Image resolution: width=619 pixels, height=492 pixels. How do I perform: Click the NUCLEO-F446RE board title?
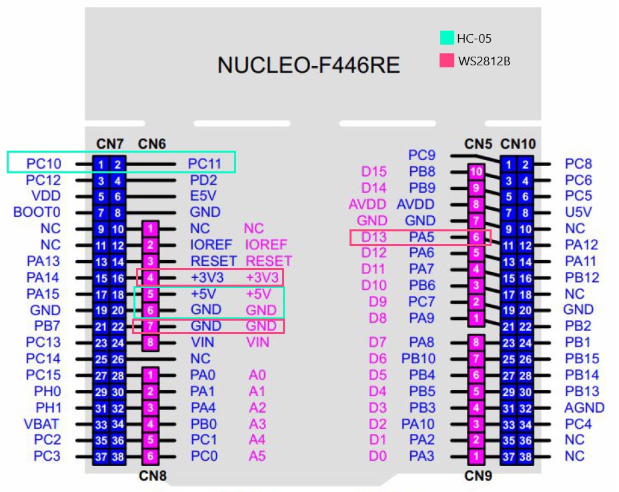pos(309,65)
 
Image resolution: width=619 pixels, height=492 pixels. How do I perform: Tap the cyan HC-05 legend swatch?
pos(447,38)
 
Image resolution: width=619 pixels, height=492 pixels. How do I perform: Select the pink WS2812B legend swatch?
pos(447,61)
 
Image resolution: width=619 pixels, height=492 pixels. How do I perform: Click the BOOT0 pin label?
pos(37,213)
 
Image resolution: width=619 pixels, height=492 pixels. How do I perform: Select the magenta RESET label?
pos(269,261)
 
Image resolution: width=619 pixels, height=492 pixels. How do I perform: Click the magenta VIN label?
pos(257,343)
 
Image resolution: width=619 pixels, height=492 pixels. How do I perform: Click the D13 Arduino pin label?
pos(374,237)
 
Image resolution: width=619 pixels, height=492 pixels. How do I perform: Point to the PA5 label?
pos(421,237)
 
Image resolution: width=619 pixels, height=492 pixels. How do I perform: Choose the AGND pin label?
pos(584,407)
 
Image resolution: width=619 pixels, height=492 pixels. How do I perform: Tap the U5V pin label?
pos(578,213)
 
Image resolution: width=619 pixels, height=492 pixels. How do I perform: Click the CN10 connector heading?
pos(518,143)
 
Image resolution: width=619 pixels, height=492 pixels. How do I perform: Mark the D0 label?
pos(378,456)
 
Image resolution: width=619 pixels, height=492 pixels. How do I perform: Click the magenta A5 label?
pos(257,456)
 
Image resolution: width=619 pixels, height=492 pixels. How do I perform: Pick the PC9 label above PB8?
pos(422,155)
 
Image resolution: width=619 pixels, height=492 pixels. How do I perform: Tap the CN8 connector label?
pos(152,476)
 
